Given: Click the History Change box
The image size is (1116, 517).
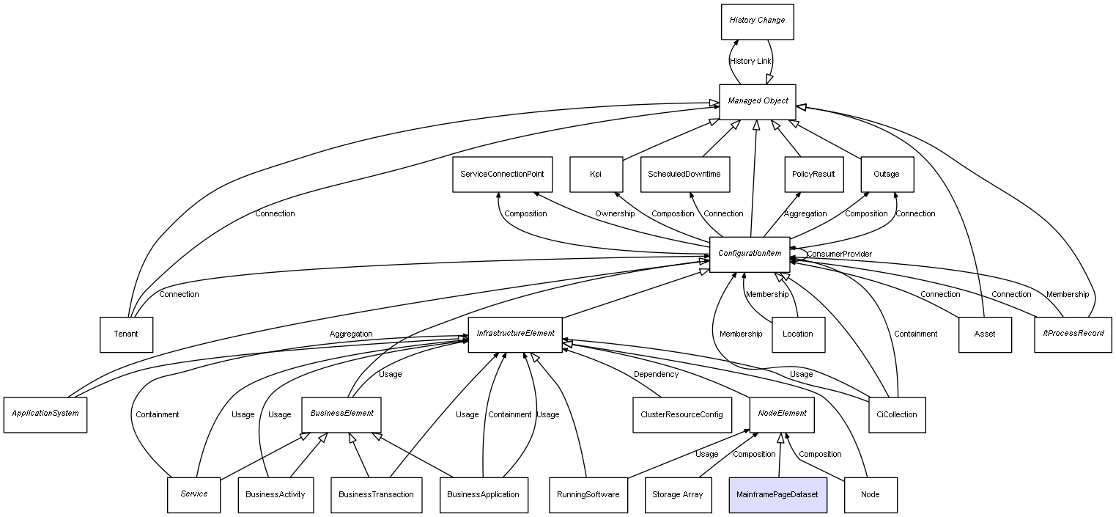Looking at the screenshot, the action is [x=757, y=22].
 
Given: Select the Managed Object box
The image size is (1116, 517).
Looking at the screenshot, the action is [x=757, y=102].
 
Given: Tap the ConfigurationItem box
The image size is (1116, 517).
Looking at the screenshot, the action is [x=750, y=254].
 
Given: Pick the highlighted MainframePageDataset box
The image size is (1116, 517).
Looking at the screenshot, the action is [x=777, y=495].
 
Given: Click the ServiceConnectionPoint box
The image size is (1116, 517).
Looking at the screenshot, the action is [x=502, y=175].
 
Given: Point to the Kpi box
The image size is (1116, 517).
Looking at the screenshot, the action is [x=596, y=175].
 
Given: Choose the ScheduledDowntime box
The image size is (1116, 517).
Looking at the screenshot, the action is [x=685, y=175].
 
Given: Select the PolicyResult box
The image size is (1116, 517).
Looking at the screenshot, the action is [x=814, y=175].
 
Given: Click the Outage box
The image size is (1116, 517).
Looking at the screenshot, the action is [x=887, y=175].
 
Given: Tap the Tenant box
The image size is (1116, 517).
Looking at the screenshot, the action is [x=126, y=334].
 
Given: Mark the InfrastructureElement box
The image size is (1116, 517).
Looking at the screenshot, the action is [x=515, y=334].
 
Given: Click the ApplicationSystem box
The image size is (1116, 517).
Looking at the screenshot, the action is [x=45, y=415].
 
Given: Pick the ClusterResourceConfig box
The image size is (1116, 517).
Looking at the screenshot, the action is [x=682, y=415].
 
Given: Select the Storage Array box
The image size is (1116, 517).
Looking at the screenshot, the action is [x=678, y=495].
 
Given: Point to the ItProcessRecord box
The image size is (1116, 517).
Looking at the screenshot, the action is [x=1073, y=334].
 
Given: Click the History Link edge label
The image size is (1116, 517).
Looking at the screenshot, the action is [x=750, y=62].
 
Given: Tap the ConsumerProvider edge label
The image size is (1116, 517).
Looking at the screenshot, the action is [x=840, y=254].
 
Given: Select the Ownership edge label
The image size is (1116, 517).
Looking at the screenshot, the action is [x=615, y=214].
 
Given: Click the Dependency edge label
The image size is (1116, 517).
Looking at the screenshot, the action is [x=656, y=375].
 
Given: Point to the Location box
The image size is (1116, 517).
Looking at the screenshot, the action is [x=798, y=334].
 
